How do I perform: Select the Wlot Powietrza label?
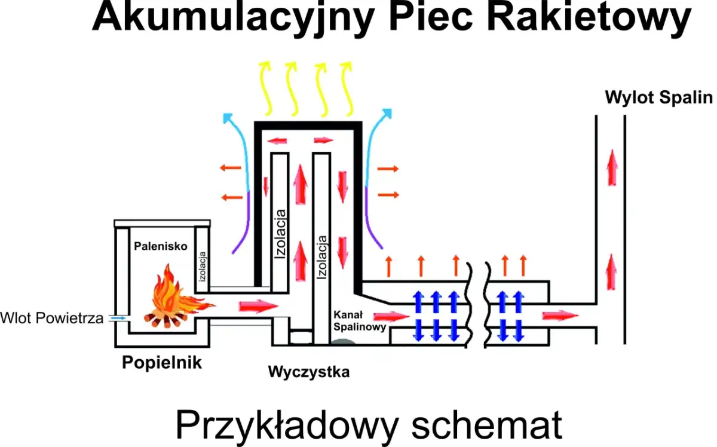coord(51,318)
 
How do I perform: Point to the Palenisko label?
coord(161,246)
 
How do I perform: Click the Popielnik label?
coord(162,362)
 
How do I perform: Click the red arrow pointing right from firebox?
coord(258,307)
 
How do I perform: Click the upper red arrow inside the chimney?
coord(611,167)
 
